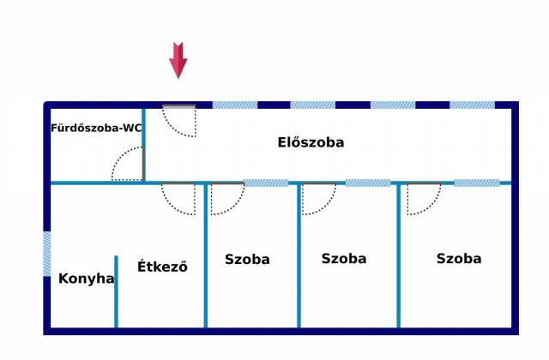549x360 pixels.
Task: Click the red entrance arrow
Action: pos(178,60)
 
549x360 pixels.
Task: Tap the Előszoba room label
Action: pos(311,142)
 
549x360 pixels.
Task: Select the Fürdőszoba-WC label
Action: pos(96,129)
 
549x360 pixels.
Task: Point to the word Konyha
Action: pos(86,279)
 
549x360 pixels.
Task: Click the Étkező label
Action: pos(162,267)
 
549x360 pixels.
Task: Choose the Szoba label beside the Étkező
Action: pos(247,259)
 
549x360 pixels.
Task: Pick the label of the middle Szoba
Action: pos(343,258)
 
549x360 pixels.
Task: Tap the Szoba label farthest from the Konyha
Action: pos(458,258)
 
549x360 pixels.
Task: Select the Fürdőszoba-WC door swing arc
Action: pos(127,165)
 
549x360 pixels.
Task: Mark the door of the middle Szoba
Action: pos(318,198)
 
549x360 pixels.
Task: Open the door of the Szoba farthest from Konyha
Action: pos(423,198)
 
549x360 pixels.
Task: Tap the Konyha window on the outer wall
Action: pos(46,254)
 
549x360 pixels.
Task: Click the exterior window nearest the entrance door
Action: pos(234,105)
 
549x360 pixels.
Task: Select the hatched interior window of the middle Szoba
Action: pos(367,183)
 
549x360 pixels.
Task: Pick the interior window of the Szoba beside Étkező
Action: pos(265,183)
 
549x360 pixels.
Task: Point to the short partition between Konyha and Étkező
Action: pos(116,291)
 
